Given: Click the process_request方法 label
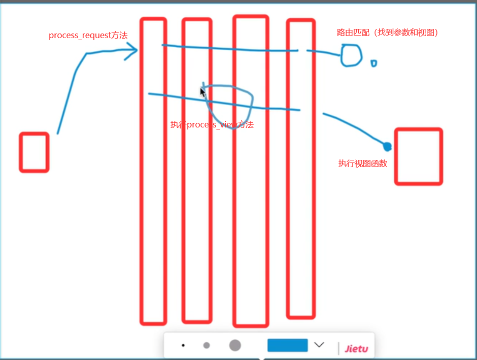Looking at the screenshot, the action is tap(88, 36).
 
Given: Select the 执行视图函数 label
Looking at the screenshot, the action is tap(363, 163).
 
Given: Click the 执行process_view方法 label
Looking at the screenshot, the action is tap(212, 125).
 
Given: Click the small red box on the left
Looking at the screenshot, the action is tap(34, 152).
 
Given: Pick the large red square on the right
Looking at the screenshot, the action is tap(418, 156).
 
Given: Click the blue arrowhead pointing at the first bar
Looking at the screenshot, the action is tap(133, 51).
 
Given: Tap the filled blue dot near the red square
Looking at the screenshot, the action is tap(387, 147).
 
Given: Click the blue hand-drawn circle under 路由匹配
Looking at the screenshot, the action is tap(351, 55).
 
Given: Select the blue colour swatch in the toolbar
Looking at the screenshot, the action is tap(287, 345).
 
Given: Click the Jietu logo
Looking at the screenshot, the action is tap(356, 348).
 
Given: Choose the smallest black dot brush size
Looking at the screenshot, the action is tap(183, 345).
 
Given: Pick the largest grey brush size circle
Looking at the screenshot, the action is tap(234, 345).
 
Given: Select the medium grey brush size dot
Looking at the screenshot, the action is tap(207, 345).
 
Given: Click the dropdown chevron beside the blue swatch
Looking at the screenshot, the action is tap(319, 345).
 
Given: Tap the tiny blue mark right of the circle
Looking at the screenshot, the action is tap(373, 63).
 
